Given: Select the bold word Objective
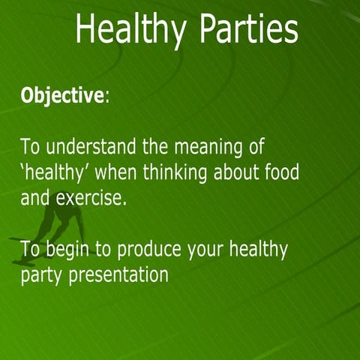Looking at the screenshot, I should click(61, 96).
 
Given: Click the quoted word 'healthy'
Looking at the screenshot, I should click(52, 173).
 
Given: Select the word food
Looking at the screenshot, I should click(281, 172).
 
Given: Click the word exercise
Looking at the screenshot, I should click(92, 199).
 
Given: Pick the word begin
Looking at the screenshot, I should click(68, 250).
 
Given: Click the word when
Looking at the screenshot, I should click(116, 172).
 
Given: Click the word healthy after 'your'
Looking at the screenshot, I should click(259, 248).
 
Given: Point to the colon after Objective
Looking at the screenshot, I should click(106, 97).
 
